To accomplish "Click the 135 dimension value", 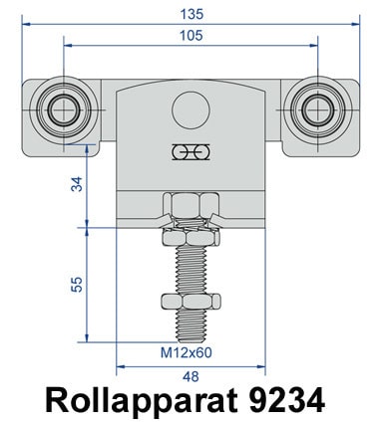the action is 191,14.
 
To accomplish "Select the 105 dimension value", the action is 191,36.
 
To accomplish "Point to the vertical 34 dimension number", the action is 77,184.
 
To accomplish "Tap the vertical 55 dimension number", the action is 77,285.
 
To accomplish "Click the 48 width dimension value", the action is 191,376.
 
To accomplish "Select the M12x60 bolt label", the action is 187,352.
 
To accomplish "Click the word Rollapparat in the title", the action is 142,400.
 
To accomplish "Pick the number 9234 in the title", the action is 286,400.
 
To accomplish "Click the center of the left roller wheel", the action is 64,109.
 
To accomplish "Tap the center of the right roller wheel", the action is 318,109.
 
